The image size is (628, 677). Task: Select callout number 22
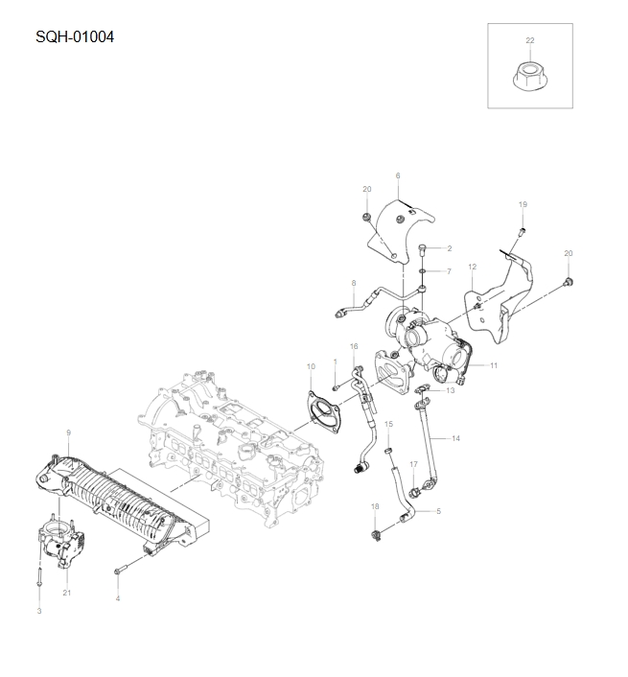[530, 39]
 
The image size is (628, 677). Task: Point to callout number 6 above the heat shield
[397, 175]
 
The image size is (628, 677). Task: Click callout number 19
[523, 204]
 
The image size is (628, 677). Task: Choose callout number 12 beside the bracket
[472, 266]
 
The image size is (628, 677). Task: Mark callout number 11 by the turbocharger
[494, 365]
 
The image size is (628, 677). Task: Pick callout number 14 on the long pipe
[456, 437]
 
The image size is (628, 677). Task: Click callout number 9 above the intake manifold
[68, 432]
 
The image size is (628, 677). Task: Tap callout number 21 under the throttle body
[67, 593]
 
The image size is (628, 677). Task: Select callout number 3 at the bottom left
[39, 610]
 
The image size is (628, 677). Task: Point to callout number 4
[118, 597]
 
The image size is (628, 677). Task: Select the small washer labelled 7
[423, 272]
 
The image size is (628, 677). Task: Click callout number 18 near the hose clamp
[375, 505]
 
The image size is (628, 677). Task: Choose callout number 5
[438, 511]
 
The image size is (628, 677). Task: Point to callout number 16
[354, 346]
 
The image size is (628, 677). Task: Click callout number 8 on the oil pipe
[353, 283]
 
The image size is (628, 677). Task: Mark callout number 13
[451, 390]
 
